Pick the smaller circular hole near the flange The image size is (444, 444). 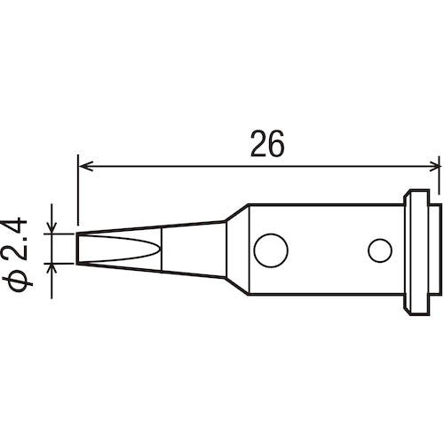click(x=380, y=251)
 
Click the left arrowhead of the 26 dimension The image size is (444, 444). click(x=85, y=163)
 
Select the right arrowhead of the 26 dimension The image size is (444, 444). click(x=434, y=163)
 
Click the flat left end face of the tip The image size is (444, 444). click(x=78, y=250)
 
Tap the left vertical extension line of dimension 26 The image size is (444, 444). click(x=78, y=195)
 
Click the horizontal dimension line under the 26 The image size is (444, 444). click(x=178, y=163)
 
